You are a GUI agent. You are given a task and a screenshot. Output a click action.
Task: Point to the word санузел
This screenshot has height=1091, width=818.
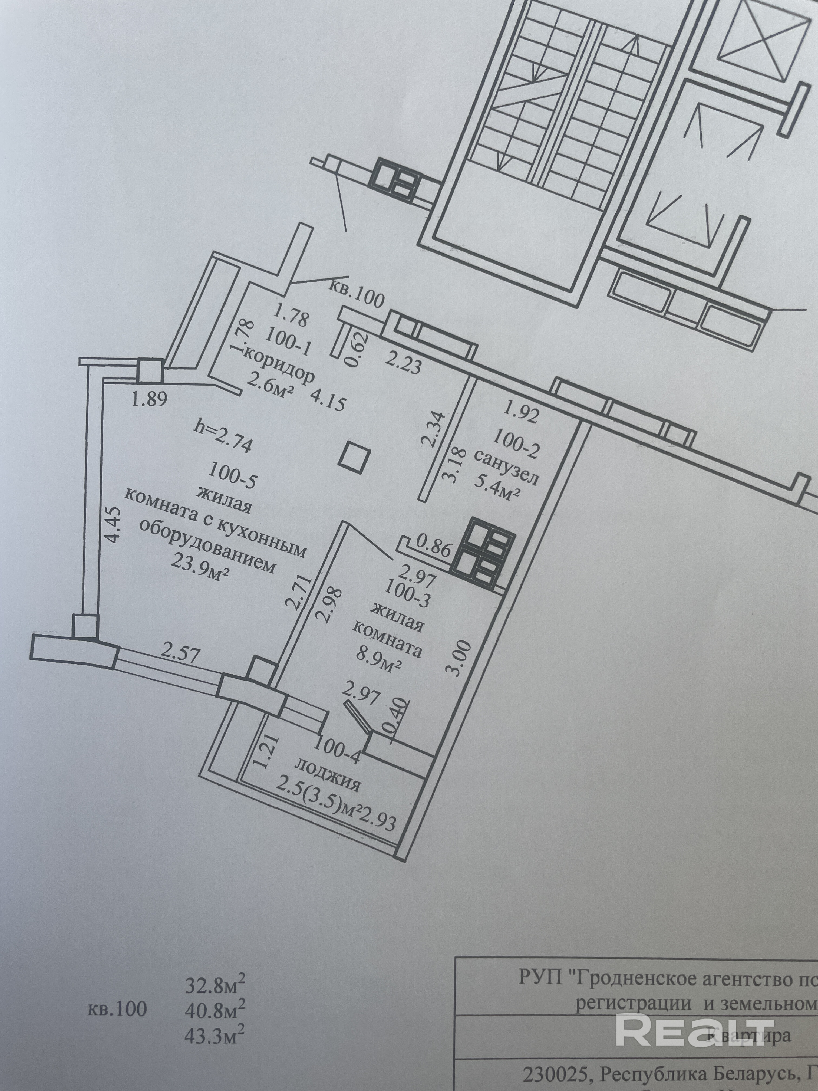(508, 469)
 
